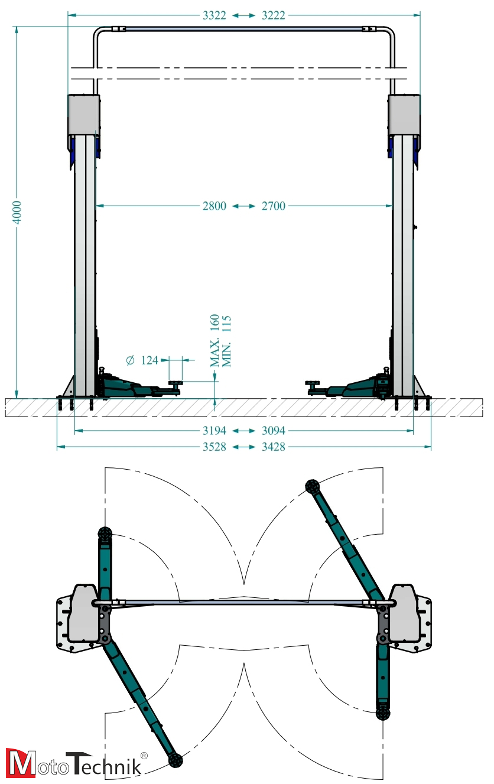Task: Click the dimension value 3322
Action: point(214,15)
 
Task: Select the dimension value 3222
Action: point(274,15)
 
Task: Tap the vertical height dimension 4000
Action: point(17,212)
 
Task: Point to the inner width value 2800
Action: point(214,206)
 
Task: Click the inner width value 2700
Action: point(274,206)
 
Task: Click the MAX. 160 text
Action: point(214,340)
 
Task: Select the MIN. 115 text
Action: point(226,341)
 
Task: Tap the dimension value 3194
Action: point(214,431)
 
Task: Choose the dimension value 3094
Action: point(274,431)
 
